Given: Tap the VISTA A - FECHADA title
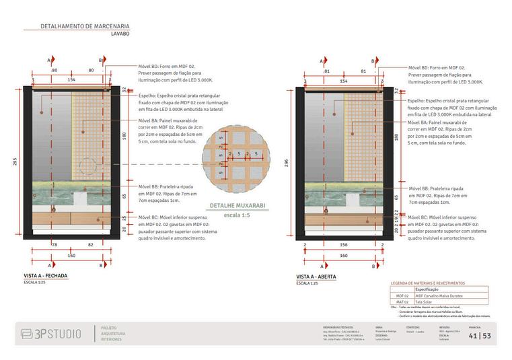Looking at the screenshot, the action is (x=46, y=276).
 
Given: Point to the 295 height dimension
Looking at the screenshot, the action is (x=13, y=162).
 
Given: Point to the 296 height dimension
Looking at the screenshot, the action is (x=286, y=162).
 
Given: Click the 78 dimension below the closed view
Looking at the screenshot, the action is (x=54, y=246).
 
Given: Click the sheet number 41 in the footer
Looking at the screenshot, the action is (x=474, y=335).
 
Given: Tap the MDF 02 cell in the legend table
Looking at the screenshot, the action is (x=402, y=295).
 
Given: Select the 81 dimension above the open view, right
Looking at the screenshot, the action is (x=363, y=71).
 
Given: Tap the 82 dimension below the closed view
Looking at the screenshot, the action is (x=90, y=246).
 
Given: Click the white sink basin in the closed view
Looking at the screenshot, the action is (x=79, y=199).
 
